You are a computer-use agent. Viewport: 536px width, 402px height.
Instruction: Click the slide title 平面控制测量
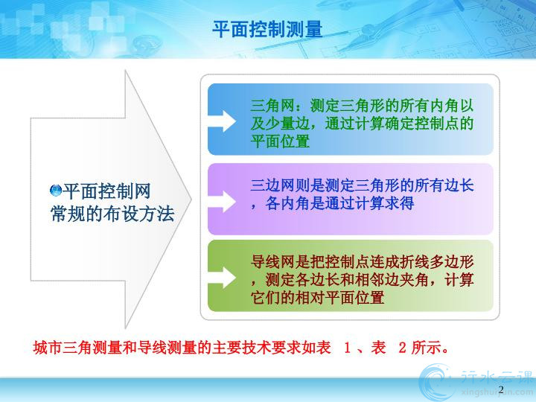(267, 29)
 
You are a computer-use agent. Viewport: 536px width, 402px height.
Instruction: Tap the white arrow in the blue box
(222, 121)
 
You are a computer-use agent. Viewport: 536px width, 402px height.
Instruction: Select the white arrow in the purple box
(222, 202)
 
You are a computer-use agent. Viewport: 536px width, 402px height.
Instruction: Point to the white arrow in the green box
(222, 278)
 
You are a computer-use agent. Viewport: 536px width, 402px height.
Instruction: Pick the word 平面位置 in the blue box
(280, 141)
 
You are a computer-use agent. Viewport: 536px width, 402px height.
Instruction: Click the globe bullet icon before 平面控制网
(55, 191)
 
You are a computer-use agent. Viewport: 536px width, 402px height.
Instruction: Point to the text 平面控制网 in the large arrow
(106, 191)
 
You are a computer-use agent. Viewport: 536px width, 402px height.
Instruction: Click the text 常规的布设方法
(112, 214)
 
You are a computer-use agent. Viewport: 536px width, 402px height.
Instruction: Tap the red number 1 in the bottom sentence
(348, 348)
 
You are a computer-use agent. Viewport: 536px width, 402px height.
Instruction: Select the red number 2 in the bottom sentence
(402, 348)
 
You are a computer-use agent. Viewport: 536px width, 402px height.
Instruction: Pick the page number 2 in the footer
(502, 389)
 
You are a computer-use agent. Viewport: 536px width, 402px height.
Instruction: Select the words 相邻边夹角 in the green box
(392, 280)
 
